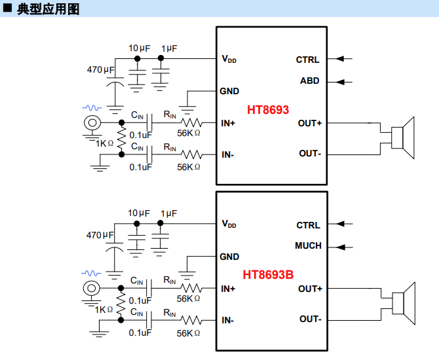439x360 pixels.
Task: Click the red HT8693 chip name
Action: click(268, 109)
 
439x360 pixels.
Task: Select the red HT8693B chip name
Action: click(268, 275)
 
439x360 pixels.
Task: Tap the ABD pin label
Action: click(310, 81)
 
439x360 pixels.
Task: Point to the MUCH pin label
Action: click(308, 246)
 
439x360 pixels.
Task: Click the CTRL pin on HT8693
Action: click(307, 60)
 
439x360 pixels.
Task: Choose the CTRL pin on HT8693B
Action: click(308, 225)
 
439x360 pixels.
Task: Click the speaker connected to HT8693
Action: click(403, 138)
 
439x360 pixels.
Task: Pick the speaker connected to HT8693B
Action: click(403, 304)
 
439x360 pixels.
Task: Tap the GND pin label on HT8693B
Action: click(229, 257)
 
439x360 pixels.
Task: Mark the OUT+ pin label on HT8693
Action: click(309, 123)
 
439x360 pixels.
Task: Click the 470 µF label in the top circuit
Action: click(101, 69)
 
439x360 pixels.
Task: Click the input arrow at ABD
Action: click(344, 82)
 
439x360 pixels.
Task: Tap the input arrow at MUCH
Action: click(344, 247)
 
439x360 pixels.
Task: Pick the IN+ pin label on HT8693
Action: click(229, 123)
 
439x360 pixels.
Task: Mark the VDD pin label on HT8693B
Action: click(229, 224)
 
